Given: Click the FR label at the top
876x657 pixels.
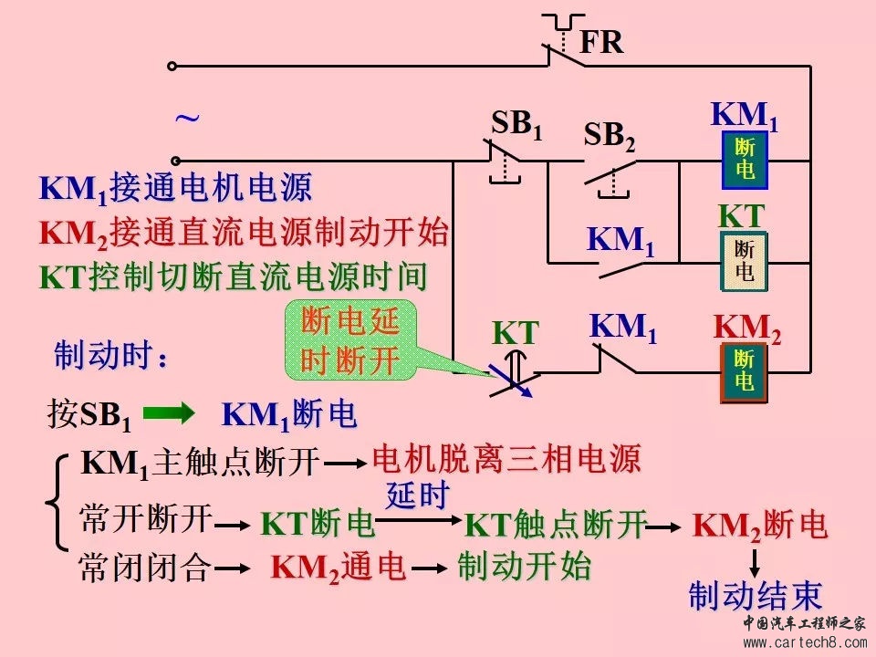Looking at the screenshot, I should [x=601, y=42].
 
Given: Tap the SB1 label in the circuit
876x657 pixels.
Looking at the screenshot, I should [x=516, y=125].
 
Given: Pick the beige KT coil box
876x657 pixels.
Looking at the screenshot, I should [x=745, y=262].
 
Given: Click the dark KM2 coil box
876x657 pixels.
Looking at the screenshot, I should [x=745, y=371].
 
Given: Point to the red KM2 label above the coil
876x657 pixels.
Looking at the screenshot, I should [x=746, y=328].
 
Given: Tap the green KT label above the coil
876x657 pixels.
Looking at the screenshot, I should [x=740, y=216].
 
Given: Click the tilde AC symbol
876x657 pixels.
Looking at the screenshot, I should [x=187, y=119].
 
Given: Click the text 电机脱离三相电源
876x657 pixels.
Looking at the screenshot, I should [x=506, y=459].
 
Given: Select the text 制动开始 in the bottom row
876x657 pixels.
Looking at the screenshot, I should [x=524, y=566].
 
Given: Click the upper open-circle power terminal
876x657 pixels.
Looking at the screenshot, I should [x=172, y=66].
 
